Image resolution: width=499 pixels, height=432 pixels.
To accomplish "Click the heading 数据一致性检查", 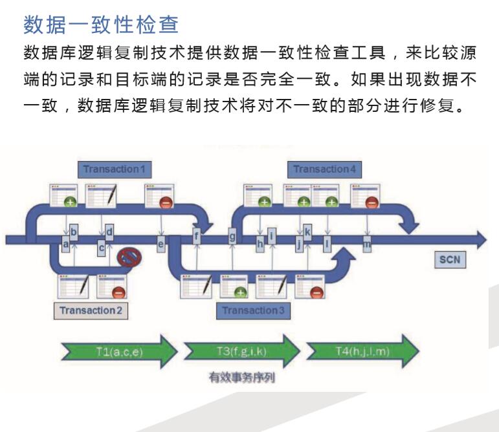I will [100, 26].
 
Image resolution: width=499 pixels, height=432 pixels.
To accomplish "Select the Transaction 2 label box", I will [91, 310].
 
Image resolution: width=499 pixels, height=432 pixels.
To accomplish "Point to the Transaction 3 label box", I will [253, 310].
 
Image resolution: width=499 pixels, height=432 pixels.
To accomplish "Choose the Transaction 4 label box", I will [324, 169].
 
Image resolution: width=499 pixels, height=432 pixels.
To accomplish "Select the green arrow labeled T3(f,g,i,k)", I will [242, 352].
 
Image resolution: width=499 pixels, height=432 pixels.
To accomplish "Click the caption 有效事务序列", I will [241, 378].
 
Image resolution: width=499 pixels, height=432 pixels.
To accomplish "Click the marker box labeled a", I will [65, 243].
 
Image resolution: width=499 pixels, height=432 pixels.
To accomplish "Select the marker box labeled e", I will [161, 243].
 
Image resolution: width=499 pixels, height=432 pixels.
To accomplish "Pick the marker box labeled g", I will [232, 237].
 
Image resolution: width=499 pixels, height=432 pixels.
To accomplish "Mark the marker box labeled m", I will [367, 244].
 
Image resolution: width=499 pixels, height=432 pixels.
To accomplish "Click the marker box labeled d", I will [109, 232].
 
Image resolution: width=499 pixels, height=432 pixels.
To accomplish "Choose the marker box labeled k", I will [307, 232].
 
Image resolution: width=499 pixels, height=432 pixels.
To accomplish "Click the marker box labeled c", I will [102, 246].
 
